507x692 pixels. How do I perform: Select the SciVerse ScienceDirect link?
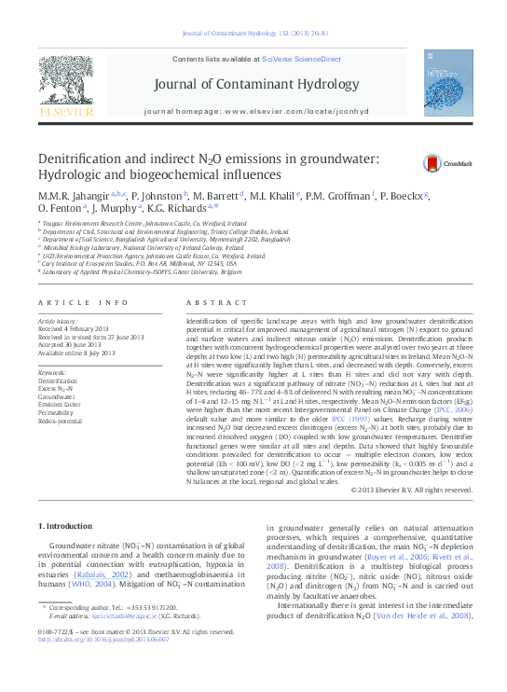tap(298, 59)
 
